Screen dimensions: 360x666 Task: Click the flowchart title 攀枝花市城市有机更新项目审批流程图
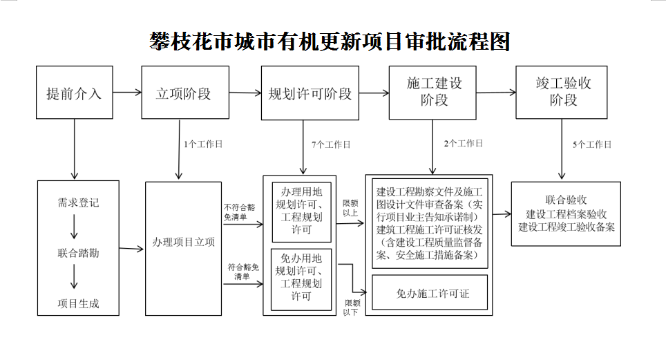coord(330,42)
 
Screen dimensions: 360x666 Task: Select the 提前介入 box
coord(73,93)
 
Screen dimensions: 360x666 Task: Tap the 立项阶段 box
coord(183,93)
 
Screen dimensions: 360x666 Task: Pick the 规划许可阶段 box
coord(310,93)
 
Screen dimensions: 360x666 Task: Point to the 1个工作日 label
coord(203,144)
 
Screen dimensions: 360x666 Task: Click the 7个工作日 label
coord(330,144)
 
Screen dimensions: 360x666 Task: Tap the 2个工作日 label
coord(463,144)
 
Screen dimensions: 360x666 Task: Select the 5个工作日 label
coord(591,144)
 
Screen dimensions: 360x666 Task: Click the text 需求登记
coord(77,202)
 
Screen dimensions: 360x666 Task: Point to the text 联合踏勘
coord(77,253)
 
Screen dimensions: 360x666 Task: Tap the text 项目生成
coord(77,303)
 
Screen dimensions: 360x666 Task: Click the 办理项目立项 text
coord(183,243)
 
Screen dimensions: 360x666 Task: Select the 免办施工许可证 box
coord(430,293)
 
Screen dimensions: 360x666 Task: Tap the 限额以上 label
coord(350,208)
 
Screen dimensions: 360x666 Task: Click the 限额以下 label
coord(352,307)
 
